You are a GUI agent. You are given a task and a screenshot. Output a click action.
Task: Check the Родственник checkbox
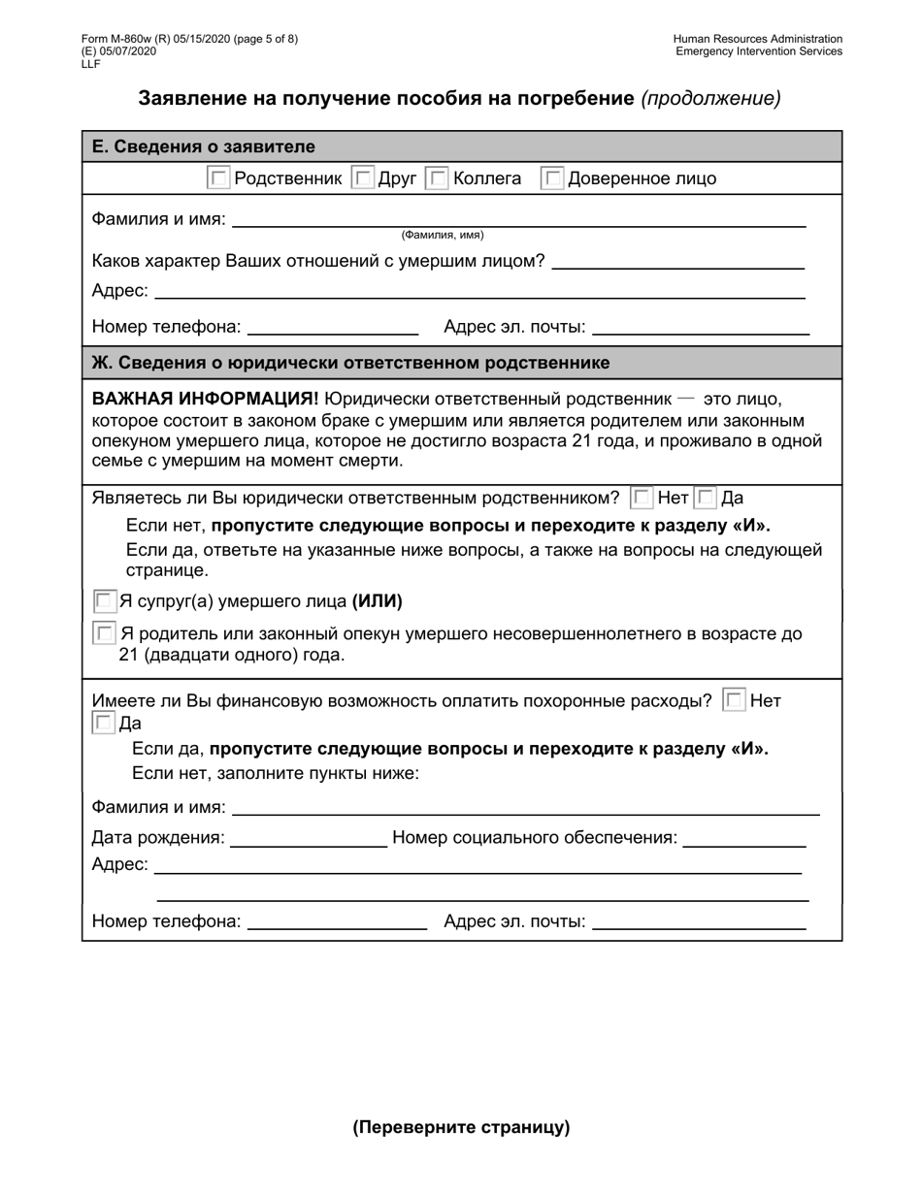tap(219, 178)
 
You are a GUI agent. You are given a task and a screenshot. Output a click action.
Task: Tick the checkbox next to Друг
tap(362, 178)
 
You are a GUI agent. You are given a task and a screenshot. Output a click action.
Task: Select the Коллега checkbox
tap(438, 178)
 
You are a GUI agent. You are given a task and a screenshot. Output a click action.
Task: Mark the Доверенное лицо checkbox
tap(552, 178)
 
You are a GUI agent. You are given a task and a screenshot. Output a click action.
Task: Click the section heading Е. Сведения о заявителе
tap(203, 146)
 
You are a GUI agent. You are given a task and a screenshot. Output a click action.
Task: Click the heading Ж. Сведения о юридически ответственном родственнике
tap(350, 363)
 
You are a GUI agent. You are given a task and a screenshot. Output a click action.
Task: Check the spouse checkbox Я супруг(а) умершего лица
tap(105, 601)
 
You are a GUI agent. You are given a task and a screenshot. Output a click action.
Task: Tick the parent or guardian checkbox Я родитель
tap(105, 634)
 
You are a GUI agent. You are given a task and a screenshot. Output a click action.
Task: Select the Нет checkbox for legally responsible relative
tap(642, 499)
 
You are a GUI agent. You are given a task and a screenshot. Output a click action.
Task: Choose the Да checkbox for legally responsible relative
tap(706, 499)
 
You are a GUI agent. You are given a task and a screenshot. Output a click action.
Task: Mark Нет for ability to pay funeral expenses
tap(735, 700)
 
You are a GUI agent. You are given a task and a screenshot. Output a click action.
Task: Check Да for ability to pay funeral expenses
tap(103, 724)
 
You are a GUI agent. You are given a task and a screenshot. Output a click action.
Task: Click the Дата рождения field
tap(308, 838)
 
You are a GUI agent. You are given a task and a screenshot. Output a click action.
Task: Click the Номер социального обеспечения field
tap(744, 838)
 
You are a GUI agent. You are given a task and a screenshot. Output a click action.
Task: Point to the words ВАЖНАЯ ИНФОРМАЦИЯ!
tap(205, 399)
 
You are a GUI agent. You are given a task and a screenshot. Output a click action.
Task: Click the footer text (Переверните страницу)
tap(461, 1127)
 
